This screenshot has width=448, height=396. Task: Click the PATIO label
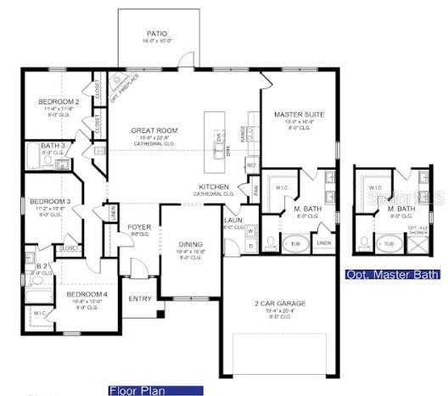(158, 33)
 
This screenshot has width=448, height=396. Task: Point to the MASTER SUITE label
(298, 114)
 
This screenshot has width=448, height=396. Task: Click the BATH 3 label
(53, 146)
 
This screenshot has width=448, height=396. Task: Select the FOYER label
(139, 227)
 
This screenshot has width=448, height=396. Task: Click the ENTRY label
(139, 298)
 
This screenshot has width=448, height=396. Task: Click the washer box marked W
(251, 231)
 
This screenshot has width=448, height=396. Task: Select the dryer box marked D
(251, 245)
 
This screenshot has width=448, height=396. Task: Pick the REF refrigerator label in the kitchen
(251, 165)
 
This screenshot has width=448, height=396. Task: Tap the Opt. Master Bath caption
(393, 275)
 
